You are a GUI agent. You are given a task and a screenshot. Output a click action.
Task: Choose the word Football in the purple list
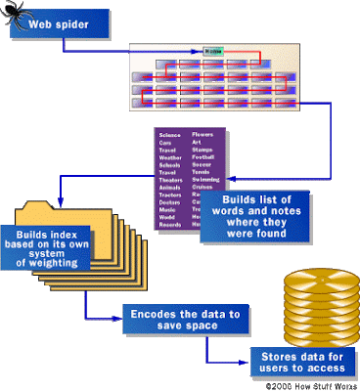click(203, 157)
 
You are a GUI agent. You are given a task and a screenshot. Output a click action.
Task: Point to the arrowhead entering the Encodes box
click(119, 319)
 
